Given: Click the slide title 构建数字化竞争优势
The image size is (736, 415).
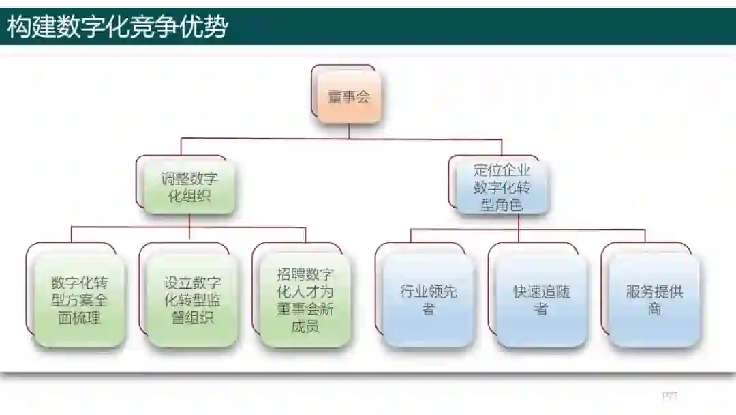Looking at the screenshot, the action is [x=117, y=27].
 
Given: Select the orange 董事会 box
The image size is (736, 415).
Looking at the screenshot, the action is [x=348, y=97].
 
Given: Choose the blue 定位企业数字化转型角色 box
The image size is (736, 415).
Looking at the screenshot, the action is [x=502, y=186].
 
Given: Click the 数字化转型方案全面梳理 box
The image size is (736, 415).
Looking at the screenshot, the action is [x=79, y=300].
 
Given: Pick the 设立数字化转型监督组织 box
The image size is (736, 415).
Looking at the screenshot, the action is [x=192, y=300].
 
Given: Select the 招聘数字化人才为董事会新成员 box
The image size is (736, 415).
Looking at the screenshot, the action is [x=305, y=300].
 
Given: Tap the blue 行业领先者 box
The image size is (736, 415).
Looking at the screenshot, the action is [x=428, y=300].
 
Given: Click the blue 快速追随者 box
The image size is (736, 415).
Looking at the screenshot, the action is [x=541, y=300].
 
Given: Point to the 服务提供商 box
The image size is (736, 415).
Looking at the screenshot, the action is [x=654, y=300].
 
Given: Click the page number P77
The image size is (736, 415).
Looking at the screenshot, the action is [x=669, y=396].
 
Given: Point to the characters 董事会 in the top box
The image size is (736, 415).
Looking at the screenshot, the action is [x=348, y=98].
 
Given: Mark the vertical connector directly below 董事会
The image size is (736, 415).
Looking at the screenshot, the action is [x=349, y=131].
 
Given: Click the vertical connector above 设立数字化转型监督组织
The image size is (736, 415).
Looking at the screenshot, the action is [x=189, y=234].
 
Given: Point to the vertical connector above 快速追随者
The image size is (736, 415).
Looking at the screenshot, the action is [x=519, y=235].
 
